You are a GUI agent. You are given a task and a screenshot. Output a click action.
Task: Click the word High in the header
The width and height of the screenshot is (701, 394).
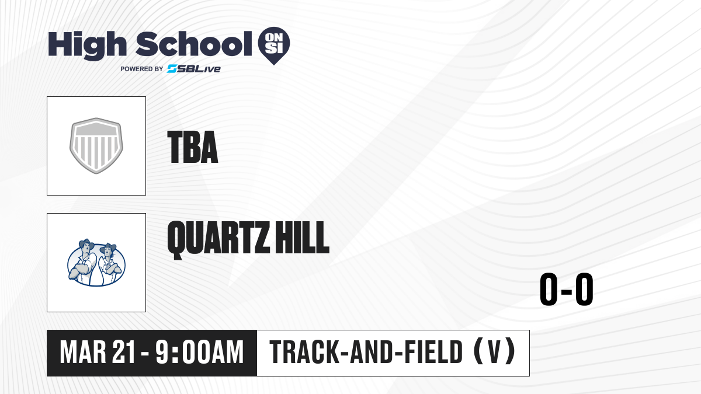click(88, 46)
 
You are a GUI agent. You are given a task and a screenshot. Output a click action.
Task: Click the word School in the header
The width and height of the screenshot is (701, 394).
click(194, 44)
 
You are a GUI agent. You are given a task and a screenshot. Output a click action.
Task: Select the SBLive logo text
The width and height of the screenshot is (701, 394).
click(194, 69)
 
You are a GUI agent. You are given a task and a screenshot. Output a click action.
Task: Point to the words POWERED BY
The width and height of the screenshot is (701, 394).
click(142, 69)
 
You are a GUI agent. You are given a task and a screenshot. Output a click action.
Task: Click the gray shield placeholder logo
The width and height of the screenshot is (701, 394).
click(96, 146)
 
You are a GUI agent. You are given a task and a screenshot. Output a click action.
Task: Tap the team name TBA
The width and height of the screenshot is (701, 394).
click(193, 147)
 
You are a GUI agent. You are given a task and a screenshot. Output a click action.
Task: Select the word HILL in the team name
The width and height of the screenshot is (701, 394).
click(303, 238)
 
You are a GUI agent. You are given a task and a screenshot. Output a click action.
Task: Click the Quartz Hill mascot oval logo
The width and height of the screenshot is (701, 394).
click(96, 263)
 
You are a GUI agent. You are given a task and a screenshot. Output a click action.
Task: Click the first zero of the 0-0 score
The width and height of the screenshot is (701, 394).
click(549, 289)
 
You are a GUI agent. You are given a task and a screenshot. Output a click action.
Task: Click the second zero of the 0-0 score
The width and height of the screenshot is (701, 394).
click(584, 289)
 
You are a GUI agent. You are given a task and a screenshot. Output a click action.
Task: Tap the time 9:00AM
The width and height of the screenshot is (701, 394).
click(199, 353)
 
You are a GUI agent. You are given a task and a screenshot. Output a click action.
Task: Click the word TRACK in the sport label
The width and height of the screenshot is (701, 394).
click(304, 353)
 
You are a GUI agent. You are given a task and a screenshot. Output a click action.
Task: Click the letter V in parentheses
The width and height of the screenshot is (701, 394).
click(494, 353)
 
